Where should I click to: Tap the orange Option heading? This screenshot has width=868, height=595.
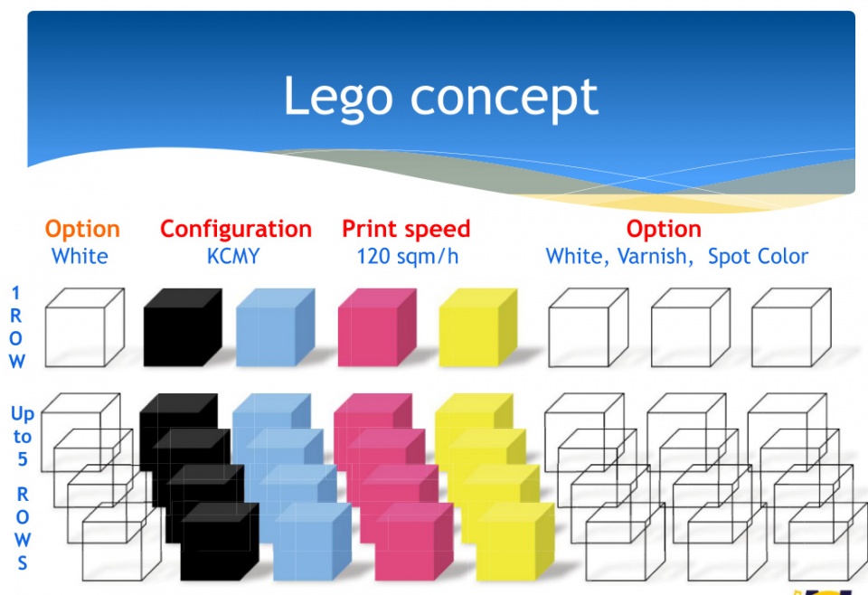click(82, 230)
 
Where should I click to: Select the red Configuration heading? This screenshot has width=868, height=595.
click(236, 230)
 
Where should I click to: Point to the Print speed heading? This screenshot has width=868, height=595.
click(406, 230)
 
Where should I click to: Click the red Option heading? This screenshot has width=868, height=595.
click(664, 230)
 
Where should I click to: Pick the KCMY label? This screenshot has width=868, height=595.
click(233, 257)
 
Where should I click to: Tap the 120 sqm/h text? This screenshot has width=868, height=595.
click(408, 257)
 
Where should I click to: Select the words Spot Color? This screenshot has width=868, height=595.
click(758, 257)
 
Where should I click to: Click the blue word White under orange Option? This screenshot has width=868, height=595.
click(80, 257)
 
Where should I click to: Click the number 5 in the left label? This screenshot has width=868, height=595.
click(22, 459)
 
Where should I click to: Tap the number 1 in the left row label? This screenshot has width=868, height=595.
click(16, 293)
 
